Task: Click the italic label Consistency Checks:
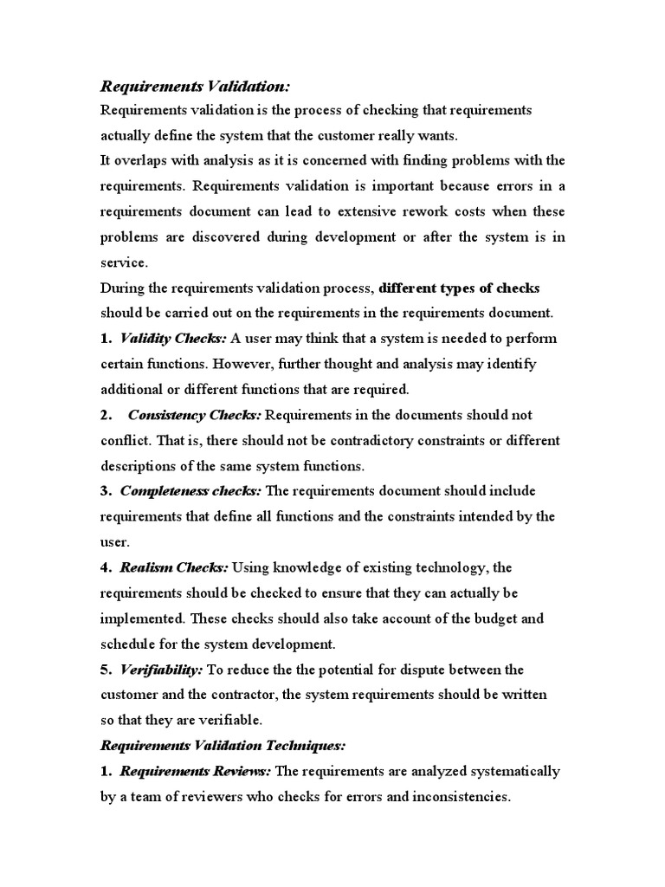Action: pyautogui.click(x=193, y=415)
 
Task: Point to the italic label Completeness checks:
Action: pyautogui.click(x=190, y=491)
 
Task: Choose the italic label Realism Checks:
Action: pyautogui.click(x=175, y=567)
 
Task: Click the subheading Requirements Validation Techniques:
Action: pyautogui.click(x=223, y=745)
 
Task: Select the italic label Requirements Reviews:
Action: pyautogui.click(x=196, y=771)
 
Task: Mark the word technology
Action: pyautogui.click(x=448, y=567)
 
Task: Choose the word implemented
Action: pyautogui.click(x=142, y=618)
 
